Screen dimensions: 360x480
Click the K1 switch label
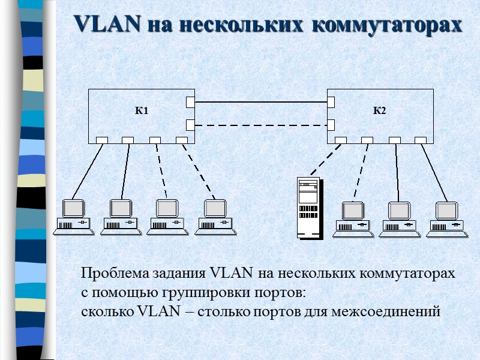pos(141,111)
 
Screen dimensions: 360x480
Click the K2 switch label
pos(379,111)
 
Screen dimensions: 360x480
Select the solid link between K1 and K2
pos(260,102)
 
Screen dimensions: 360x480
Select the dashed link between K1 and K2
pos(260,125)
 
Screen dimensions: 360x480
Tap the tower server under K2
pos(308,207)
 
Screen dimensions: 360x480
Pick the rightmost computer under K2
pos(447,217)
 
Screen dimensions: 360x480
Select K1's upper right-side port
pos(190,102)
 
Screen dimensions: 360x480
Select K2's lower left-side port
pos(331,125)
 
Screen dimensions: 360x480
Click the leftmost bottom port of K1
pos(101,140)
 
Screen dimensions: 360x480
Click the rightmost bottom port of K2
pos(421,140)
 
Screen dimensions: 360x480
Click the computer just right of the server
pos(353,217)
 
